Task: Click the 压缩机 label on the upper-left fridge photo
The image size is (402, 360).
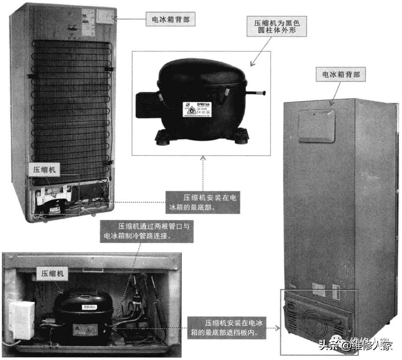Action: click(44, 170)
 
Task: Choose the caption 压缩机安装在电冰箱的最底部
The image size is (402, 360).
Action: click(202, 202)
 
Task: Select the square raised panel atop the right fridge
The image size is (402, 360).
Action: click(317, 125)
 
